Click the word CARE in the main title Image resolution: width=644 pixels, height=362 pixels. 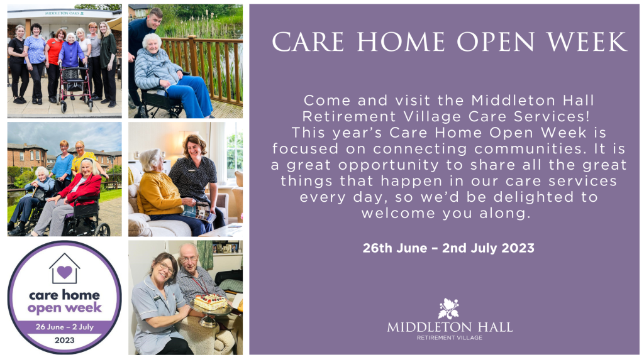pos(308,41)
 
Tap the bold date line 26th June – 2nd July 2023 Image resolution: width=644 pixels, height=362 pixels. pos(448,248)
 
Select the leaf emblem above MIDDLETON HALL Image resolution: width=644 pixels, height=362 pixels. pos(448,309)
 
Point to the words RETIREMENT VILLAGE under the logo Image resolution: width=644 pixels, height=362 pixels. pos(449,337)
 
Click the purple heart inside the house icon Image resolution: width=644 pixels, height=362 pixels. pos(65,271)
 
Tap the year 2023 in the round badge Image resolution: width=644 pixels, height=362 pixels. pos(65,340)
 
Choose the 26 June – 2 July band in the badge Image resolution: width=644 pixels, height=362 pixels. pos(65,327)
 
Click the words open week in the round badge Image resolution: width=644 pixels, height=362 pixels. pos(65,308)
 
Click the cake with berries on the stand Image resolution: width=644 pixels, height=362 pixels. pos(210,302)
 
